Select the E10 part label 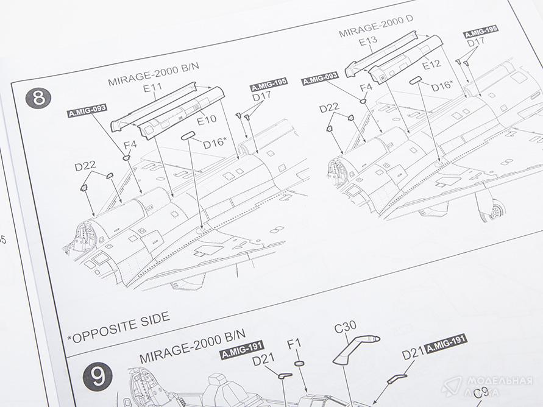[207, 119]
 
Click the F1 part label [294, 345]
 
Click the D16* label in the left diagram [215, 143]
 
